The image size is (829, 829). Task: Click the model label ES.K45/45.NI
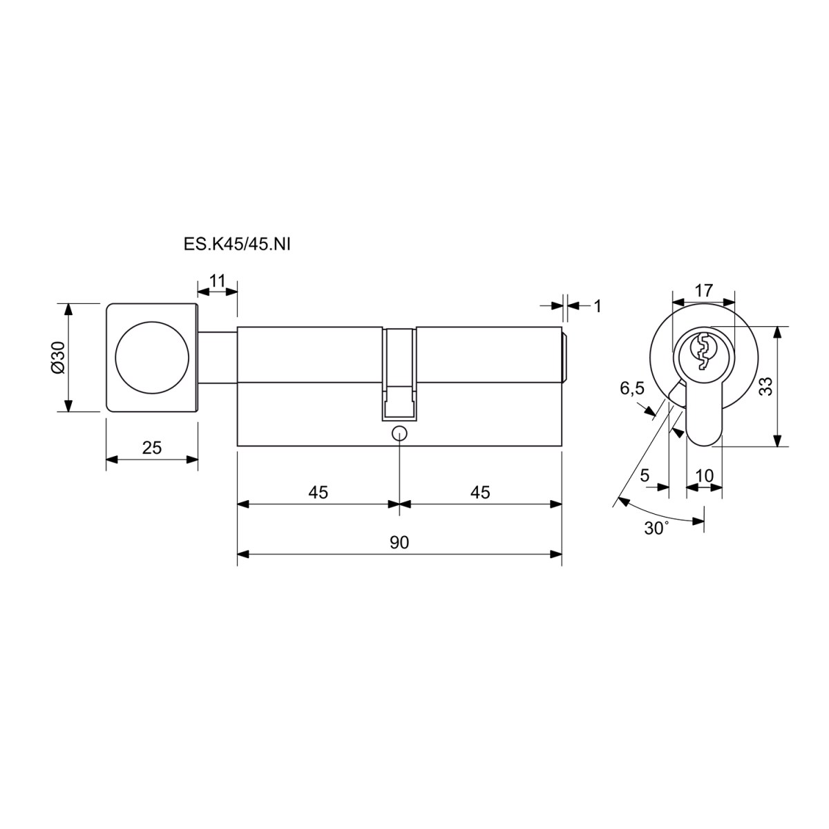tap(237, 245)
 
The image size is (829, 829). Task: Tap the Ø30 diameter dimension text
tap(57, 357)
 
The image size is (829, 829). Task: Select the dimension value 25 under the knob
tap(152, 448)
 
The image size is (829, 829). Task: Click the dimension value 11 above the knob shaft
tap(217, 281)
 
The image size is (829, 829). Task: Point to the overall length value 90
tap(399, 542)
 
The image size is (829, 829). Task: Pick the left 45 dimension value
tap(318, 492)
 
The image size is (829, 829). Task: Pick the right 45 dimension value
tap(480, 492)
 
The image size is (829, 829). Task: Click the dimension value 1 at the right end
tap(598, 306)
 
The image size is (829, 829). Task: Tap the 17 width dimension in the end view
tap(704, 290)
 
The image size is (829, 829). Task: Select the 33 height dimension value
tap(766, 386)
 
